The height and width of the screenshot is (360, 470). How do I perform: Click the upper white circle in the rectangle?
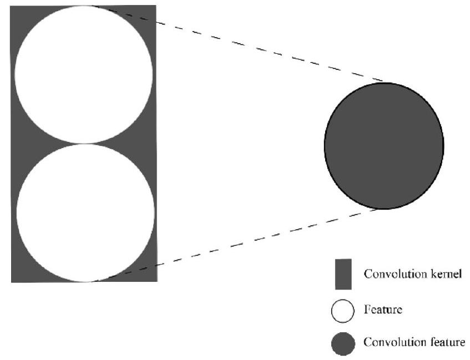84,74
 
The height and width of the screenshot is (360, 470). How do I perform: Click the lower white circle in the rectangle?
85,212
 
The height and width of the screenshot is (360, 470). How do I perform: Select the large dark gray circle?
384,145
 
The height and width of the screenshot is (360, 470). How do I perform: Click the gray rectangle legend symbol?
343,274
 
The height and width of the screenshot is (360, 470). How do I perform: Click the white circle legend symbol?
343,311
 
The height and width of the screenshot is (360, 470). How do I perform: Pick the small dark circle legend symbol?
343,343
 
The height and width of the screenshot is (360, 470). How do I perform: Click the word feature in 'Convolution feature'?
448,342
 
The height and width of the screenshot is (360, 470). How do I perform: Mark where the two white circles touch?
84,144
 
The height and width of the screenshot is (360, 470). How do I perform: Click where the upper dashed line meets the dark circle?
383,82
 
